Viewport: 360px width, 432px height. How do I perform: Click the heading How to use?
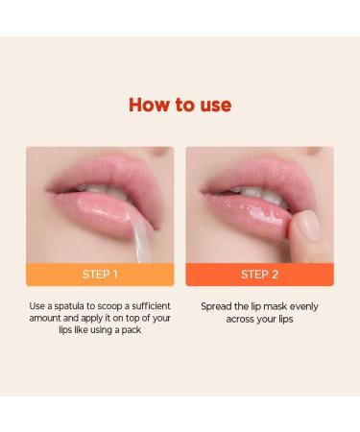point(180,104)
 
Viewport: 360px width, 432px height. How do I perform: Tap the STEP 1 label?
point(100,274)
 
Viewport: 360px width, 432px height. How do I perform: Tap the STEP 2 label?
point(259,274)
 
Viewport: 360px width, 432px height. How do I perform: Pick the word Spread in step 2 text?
point(218,307)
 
